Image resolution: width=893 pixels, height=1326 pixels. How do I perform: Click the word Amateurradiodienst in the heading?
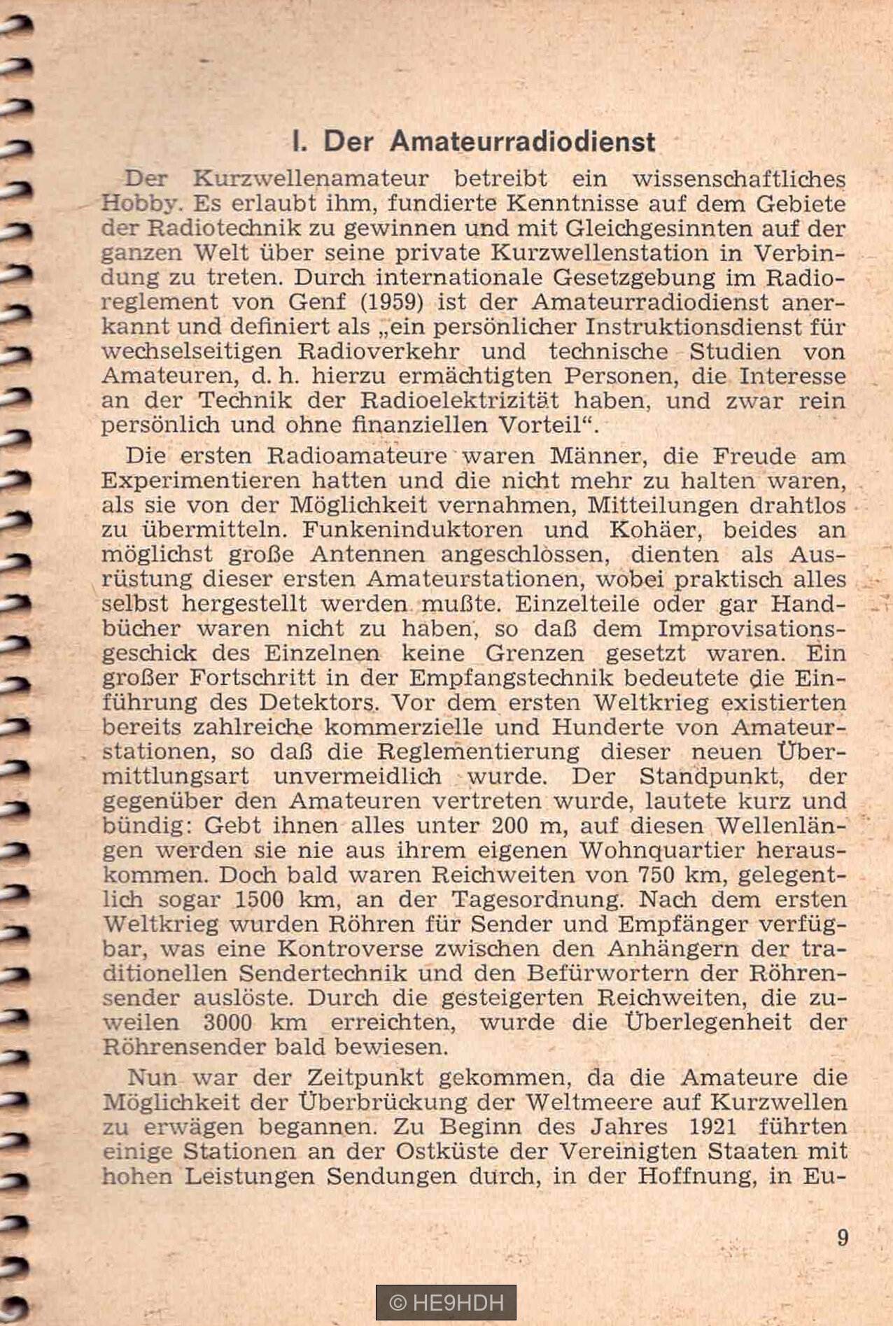tap(522, 142)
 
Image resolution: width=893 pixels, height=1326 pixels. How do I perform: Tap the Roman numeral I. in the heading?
tap(299, 142)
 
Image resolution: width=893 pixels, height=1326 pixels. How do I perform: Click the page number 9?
tap(843, 1238)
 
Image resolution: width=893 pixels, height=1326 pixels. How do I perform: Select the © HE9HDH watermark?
tap(446, 1302)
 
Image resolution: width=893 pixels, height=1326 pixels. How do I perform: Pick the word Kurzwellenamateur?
tap(311, 179)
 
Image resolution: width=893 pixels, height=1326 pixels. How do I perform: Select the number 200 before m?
tap(509, 826)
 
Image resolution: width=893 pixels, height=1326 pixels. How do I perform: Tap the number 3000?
tap(227, 1022)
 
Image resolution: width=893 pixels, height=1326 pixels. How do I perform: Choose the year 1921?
tap(712, 1127)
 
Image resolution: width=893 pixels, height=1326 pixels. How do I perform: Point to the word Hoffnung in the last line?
tap(704, 1176)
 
